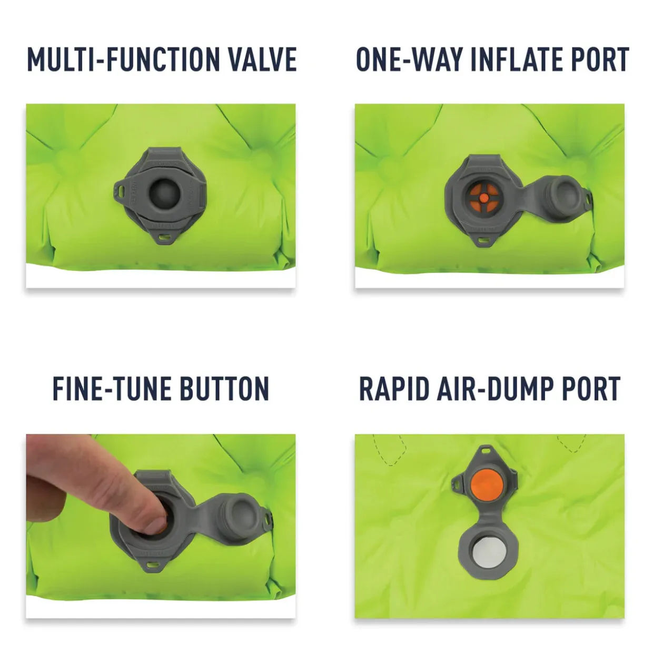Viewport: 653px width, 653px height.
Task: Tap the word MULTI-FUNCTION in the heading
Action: point(123,60)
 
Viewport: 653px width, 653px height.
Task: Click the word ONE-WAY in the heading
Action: point(409,60)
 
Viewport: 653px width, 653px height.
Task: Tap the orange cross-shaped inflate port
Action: point(484,197)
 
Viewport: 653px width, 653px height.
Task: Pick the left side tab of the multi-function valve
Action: point(121,189)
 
